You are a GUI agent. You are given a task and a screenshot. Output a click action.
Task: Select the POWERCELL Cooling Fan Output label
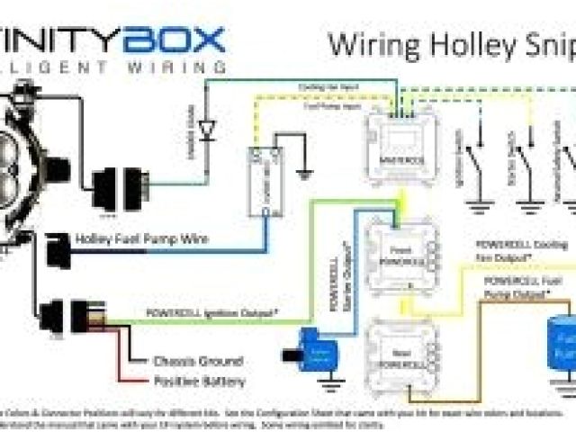click(512, 250)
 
